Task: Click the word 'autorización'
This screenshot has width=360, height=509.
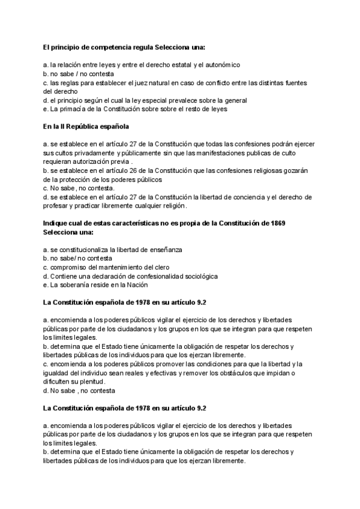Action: (x=89, y=161)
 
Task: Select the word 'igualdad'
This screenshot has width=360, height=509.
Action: (x=57, y=373)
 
